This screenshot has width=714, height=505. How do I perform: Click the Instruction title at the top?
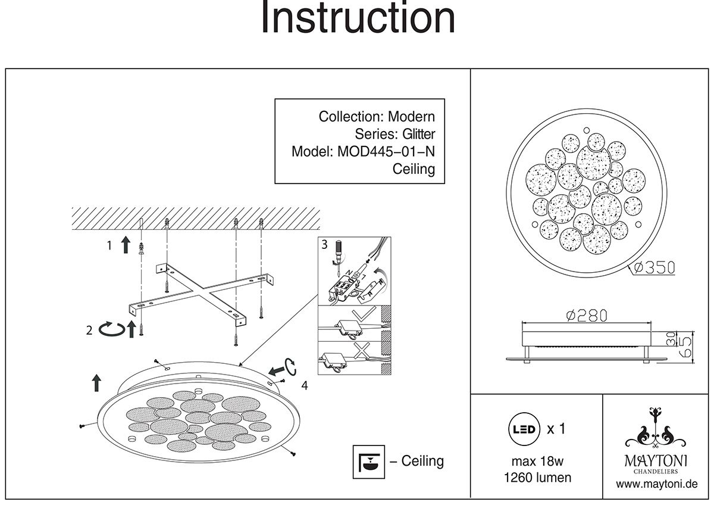coord(358,19)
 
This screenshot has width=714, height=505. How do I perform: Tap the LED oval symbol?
coord(522,429)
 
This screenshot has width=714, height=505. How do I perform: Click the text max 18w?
coord(537,462)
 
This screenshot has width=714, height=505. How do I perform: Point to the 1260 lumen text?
coord(537,478)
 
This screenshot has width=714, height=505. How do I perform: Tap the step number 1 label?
coord(109,244)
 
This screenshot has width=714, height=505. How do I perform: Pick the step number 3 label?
coord(324,244)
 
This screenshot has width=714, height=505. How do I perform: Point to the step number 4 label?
coord(304,386)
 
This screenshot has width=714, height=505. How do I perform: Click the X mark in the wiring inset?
coord(360,351)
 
